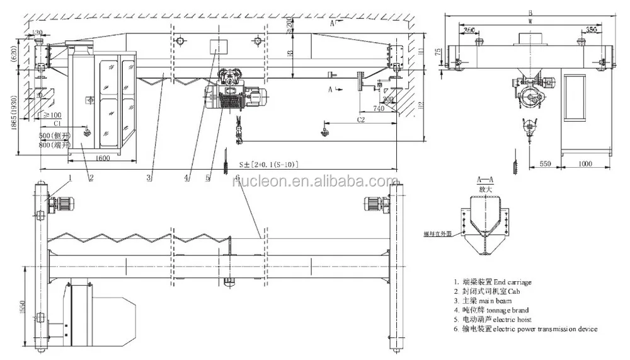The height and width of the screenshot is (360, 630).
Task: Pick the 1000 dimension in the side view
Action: point(585,163)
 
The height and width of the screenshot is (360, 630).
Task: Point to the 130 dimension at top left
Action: point(38,32)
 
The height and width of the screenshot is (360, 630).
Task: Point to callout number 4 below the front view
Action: point(187,178)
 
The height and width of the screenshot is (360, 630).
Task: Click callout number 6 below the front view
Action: point(237,177)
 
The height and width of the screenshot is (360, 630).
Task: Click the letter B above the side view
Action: point(532,12)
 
